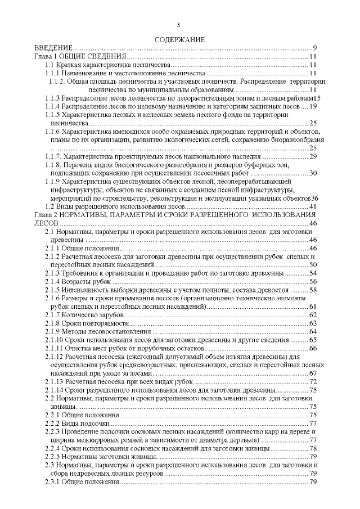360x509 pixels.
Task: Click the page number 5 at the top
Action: point(179,25)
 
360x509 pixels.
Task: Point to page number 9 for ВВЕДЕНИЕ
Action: point(316,48)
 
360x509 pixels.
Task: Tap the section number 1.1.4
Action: point(53,106)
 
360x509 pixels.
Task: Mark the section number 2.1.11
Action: point(55,348)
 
